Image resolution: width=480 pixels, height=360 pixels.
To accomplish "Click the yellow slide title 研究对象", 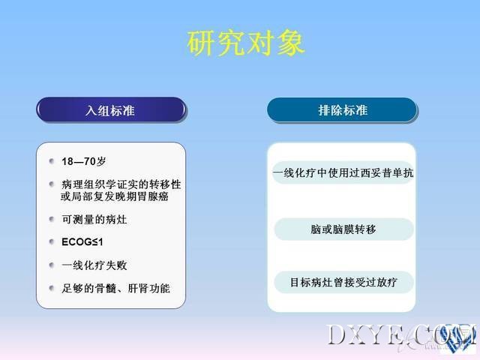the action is tap(246, 43).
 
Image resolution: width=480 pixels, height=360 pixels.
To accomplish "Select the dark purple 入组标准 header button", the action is tap(111, 110).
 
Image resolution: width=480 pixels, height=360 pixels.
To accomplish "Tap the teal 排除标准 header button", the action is tap(342, 110).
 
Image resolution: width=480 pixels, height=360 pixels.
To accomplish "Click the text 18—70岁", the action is tap(83, 161).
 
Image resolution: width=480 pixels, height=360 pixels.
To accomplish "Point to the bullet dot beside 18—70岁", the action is tap(52, 161).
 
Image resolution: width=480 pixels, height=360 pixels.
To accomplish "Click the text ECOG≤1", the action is tap(82, 242).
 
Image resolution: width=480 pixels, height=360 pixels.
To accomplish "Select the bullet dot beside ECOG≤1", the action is tap(52, 241).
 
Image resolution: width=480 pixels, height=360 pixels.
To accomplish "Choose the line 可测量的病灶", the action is tap(94, 219).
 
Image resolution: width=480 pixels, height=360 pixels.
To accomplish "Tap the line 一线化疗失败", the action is tap(94, 265).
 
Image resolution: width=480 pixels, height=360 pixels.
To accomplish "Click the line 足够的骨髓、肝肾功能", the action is tap(115, 288).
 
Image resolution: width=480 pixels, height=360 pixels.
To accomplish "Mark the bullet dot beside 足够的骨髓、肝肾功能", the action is tap(52, 288).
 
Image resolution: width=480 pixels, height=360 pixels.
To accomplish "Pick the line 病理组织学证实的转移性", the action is tap(121, 184).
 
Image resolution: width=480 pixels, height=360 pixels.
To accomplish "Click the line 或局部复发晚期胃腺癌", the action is tap(115, 196).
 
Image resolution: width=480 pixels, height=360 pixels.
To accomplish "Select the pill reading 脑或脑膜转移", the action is tap(343, 229).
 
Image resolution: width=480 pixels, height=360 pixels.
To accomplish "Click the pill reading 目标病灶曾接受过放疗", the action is tap(343, 282).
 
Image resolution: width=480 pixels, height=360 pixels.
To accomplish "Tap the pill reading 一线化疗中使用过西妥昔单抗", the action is tap(343, 172).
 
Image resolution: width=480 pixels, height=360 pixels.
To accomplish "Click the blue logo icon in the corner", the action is tap(457, 337).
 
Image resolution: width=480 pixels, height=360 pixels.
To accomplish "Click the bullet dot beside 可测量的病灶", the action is tap(52, 219).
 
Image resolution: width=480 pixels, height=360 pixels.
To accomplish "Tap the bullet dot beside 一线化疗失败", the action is tap(52, 265).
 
